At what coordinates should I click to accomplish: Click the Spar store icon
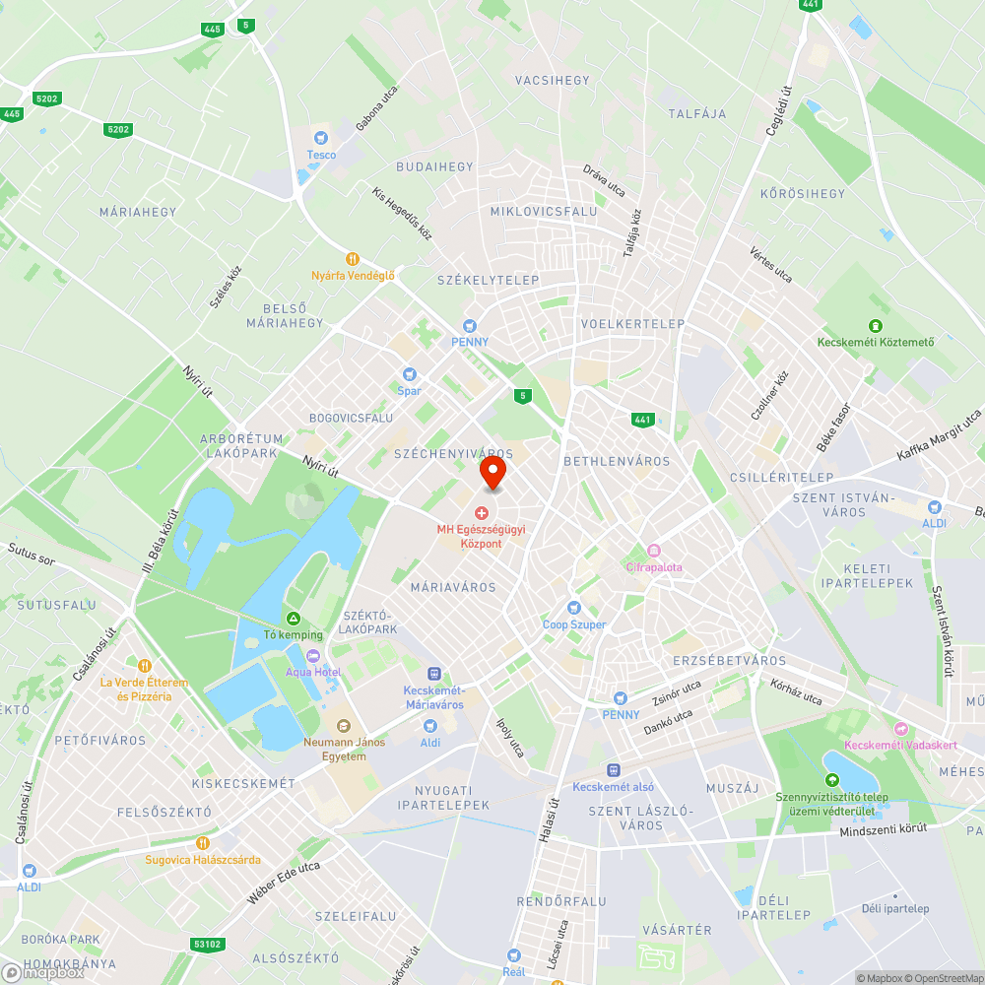pos(409,374)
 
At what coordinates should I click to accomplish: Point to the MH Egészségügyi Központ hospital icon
pos(483,513)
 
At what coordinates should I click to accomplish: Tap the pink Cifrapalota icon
pos(653,551)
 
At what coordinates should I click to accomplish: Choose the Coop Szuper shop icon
pos(574,608)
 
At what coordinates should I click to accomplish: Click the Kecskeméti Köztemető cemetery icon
pos(875,326)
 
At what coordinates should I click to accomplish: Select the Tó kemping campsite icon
pos(293,618)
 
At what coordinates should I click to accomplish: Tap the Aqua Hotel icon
pos(313,655)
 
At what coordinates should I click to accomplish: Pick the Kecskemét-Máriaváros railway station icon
pos(434,673)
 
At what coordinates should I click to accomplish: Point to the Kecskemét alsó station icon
pos(613,769)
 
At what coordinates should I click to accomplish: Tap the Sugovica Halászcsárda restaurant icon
pos(203,843)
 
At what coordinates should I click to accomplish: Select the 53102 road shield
pos(207,944)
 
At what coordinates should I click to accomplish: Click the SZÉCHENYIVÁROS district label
pos(453,454)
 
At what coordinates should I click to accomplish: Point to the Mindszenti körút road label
pos(884,830)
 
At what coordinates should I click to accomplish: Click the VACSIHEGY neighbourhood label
pos(552,81)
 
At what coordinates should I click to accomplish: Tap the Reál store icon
pos(513,954)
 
